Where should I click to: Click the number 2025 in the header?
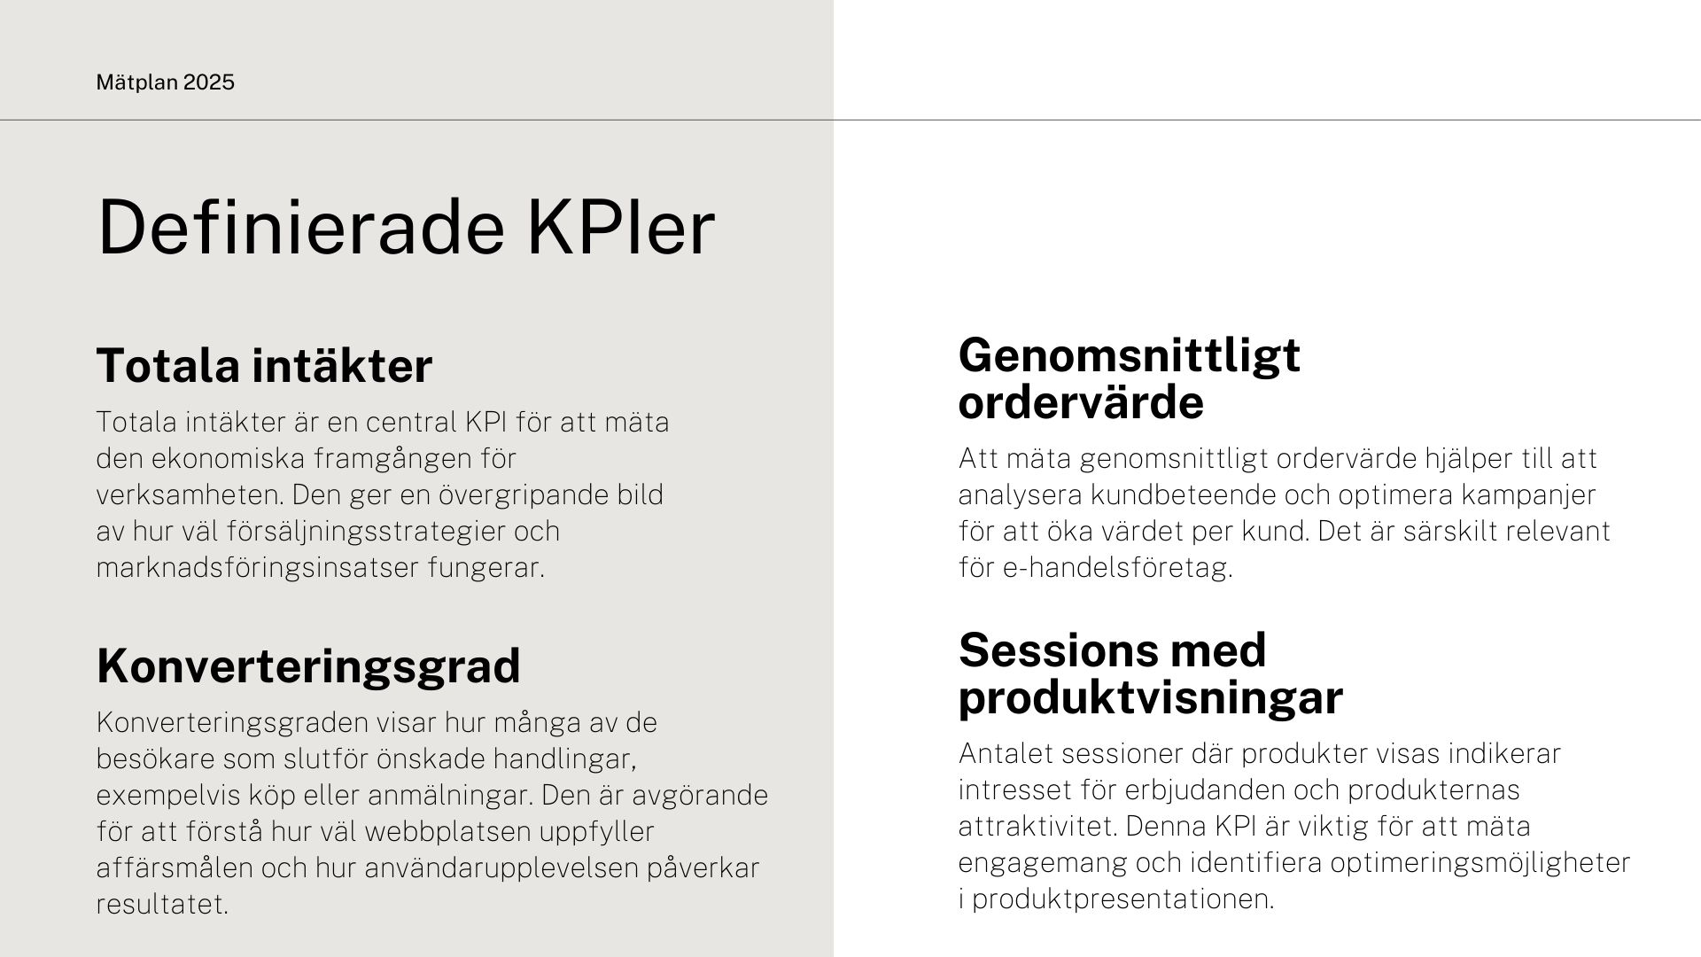click(209, 82)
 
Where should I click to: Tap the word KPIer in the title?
click(621, 228)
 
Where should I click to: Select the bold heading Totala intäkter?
click(264, 365)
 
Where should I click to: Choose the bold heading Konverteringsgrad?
click(308, 666)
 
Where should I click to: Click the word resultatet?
click(162, 905)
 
